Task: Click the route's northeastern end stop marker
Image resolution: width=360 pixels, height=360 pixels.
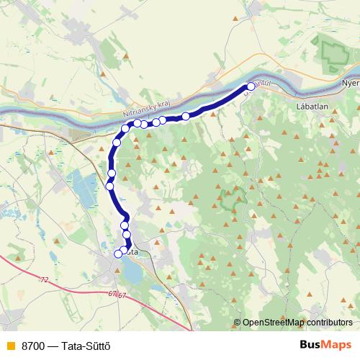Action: tap(251, 86)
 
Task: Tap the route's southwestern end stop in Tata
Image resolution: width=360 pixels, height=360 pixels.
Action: tap(118, 253)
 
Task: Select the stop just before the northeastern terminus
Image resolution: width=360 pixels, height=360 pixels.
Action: tap(186, 116)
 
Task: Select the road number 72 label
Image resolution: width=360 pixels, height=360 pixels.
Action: tap(45, 279)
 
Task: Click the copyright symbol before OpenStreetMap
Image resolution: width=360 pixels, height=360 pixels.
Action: tap(237, 323)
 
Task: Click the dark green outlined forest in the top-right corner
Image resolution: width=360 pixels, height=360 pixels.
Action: tap(333, 52)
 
